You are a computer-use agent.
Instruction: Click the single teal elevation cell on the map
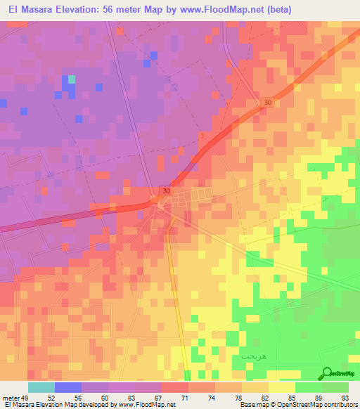[x=71, y=79]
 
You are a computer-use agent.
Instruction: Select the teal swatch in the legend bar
[x=41, y=387]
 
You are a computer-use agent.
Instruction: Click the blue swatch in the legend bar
[x=68, y=387]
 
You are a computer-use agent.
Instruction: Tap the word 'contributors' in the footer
[x=340, y=405]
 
